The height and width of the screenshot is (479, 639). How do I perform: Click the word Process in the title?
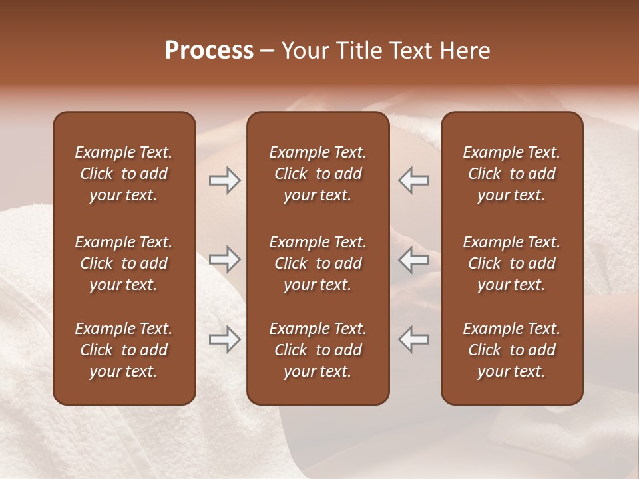[209, 51]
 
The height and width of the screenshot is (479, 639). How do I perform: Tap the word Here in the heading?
[464, 51]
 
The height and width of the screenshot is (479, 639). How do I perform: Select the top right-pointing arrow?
[225, 180]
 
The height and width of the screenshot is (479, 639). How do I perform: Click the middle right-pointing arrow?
[225, 259]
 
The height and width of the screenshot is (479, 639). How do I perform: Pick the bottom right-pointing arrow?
[225, 339]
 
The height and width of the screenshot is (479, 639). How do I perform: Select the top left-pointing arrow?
[414, 180]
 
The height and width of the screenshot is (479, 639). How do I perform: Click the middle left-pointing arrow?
[414, 259]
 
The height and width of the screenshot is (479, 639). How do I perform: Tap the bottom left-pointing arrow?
[414, 339]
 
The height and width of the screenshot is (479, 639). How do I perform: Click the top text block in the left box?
[124, 174]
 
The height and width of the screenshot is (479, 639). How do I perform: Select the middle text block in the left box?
[124, 263]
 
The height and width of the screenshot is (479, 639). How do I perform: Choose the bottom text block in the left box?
[124, 350]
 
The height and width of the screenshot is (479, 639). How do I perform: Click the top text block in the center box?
[318, 174]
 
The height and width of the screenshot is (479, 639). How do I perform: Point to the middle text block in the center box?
[318, 263]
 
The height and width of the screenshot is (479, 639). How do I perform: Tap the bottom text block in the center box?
[318, 350]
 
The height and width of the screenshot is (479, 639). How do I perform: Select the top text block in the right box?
[511, 174]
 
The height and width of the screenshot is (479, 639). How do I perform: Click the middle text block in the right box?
[511, 263]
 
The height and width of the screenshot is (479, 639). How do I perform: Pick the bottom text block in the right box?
[511, 350]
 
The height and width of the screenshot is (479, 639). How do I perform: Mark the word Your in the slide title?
[304, 51]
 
